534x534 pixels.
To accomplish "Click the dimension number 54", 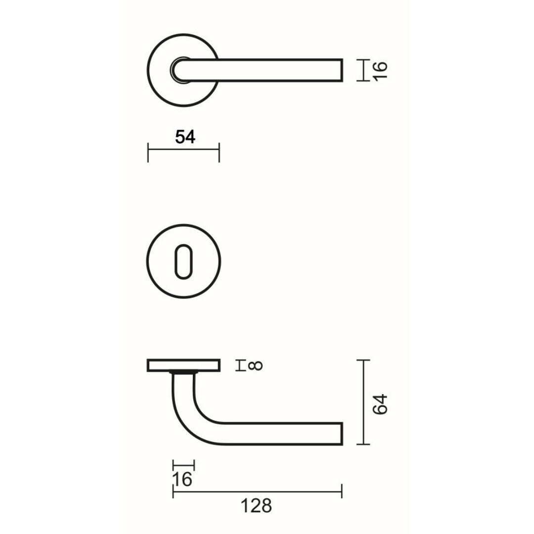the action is tap(185, 137).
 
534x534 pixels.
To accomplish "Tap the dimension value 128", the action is tap(256, 506).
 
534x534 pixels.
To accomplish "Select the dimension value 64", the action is tap(380, 404).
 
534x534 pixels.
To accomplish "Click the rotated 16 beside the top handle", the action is tap(380, 71).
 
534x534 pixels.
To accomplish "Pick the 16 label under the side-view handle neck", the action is tap(182, 480).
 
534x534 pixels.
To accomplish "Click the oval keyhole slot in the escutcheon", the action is tap(183, 262).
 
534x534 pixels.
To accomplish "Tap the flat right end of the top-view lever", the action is tap(342, 71).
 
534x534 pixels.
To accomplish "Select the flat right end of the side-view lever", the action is tap(342, 434).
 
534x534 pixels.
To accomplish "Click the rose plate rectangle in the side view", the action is tap(183, 365).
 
